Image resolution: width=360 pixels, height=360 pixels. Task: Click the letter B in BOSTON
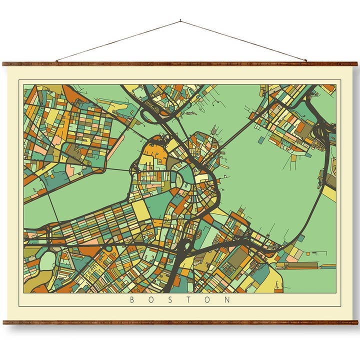(x=131, y=300)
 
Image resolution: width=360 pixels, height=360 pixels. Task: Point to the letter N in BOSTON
(x=228, y=300)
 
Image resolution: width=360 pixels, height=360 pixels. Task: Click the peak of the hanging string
(x=180, y=21)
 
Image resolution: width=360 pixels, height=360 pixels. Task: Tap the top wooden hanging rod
(x=180, y=64)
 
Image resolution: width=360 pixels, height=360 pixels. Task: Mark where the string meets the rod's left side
(x=56, y=61)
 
